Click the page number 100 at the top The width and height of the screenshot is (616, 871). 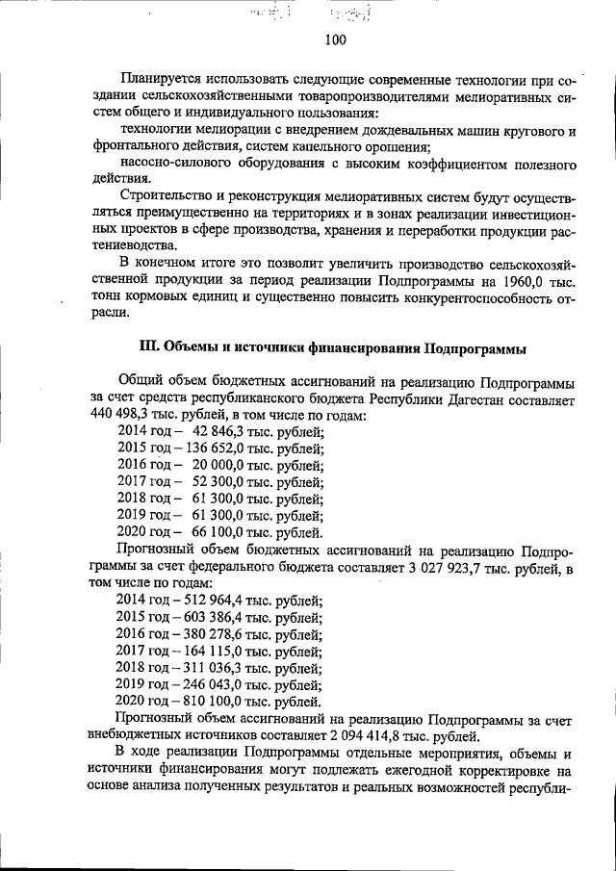pyautogui.click(x=335, y=40)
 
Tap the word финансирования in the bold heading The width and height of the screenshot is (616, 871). pyautogui.click(x=359, y=346)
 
